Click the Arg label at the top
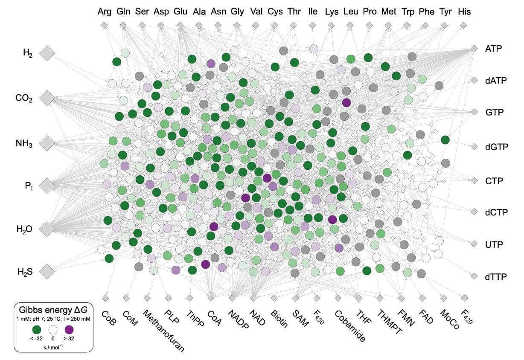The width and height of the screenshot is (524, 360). (x=104, y=12)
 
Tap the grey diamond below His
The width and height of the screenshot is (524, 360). (x=463, y=26)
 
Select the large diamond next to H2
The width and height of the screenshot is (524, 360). (x=48, y=53)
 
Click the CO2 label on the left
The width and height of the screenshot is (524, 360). (x=25, y=98)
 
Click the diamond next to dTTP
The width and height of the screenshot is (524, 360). (x=474, y=276)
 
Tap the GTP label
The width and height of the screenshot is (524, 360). (x=494, y=113)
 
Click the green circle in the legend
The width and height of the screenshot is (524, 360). (x=37, y=329)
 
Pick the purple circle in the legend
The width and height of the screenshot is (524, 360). (x=69, y=329)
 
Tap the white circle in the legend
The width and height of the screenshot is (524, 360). (x=53, y=329)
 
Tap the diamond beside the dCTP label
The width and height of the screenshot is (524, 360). (x=474, y=212)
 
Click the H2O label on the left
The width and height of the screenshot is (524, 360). (x=25, y=229)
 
